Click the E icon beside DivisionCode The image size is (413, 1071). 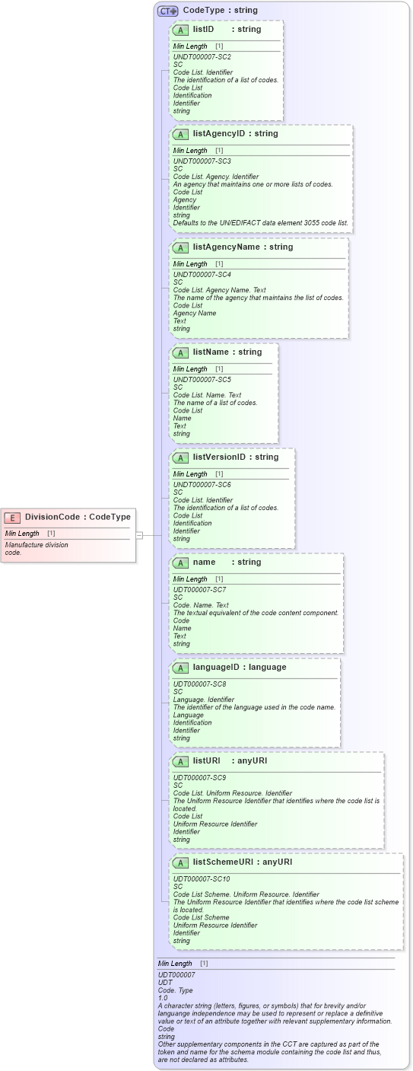click(x=12, y=518)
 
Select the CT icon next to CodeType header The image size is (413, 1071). click(x=167, y=11)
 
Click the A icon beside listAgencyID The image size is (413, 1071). click(x=180, y=134)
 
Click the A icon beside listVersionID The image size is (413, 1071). click(x=180, y=457)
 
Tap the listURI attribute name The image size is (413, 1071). click(x=206, y=760)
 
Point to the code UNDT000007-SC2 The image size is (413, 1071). click(x=202, y=57)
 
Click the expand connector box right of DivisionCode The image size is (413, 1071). click(x=139, y=535)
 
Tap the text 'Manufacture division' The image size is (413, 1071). click(x=37, y=545)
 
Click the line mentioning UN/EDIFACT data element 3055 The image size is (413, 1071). click(x=260, y=223)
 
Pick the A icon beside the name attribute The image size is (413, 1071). click(x=180, y=563)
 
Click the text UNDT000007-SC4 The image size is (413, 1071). click(x=202, y=275)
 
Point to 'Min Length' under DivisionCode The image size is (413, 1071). click(x=22, y=534)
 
